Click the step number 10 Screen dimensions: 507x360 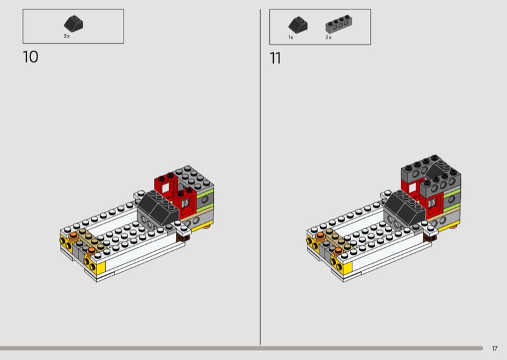point(30,57)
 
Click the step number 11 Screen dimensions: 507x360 point(275,58)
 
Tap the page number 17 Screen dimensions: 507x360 point(494,349)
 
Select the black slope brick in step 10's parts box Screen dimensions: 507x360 point(74,24)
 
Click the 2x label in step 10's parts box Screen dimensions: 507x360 point(67,36)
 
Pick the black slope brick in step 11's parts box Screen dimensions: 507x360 point(298,25)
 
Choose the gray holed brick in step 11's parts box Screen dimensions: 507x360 point(338,24)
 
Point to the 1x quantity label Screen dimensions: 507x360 point(291,37)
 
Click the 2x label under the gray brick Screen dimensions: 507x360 point(328,37)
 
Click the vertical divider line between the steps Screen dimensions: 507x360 point(260,177)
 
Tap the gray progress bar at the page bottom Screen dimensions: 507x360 point(241,349)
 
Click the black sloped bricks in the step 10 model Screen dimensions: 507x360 point(158,207)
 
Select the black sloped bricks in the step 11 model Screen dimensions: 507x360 point(405,207)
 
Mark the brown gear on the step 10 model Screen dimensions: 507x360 point(183,238)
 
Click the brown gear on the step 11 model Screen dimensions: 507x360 point(430,238)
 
